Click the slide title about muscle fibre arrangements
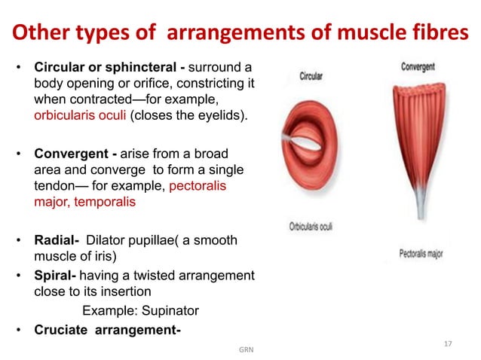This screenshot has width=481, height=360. point(240,34)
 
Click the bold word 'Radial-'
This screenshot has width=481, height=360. point(56,239)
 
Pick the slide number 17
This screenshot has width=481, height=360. point(448,343)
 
